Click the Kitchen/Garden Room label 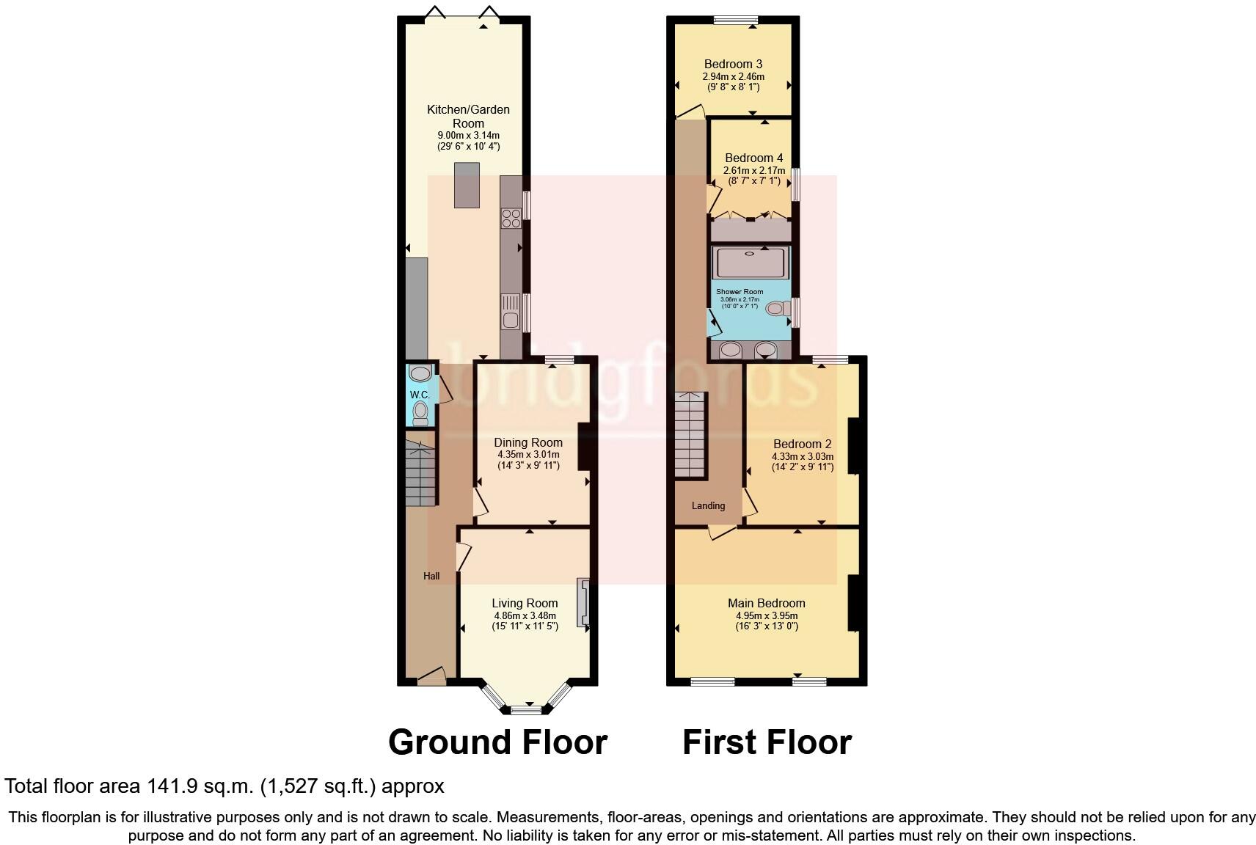468,116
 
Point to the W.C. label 420,395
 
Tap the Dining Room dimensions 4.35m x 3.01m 528,454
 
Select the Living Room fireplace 583,603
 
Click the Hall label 431,576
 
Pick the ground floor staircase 421,472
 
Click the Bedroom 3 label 733,64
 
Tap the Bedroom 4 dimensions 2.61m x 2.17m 753,170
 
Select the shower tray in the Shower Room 750,263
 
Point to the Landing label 708,505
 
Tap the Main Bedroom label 766,603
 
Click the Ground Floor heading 497,742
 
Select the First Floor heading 767,742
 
